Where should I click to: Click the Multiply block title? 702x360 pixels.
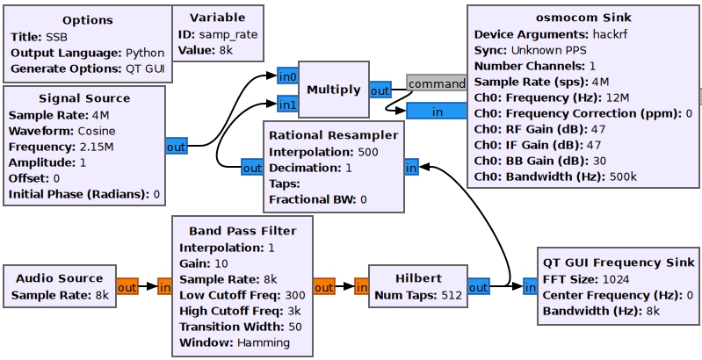point(334,90)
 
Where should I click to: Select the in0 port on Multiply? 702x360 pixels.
point(286,77)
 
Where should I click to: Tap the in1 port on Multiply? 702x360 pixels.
point(286,105)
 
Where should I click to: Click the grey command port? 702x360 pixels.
point(437,83)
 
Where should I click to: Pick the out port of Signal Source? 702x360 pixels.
point(176,147)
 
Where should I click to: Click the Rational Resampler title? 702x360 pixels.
point(333,135)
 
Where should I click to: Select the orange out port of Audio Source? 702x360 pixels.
point(127,286)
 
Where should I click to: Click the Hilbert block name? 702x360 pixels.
point(416,278)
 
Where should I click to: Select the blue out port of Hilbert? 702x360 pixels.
point(479,286)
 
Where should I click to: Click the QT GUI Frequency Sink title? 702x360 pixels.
point(617,263)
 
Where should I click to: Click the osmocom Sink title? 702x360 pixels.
point(583,18)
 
